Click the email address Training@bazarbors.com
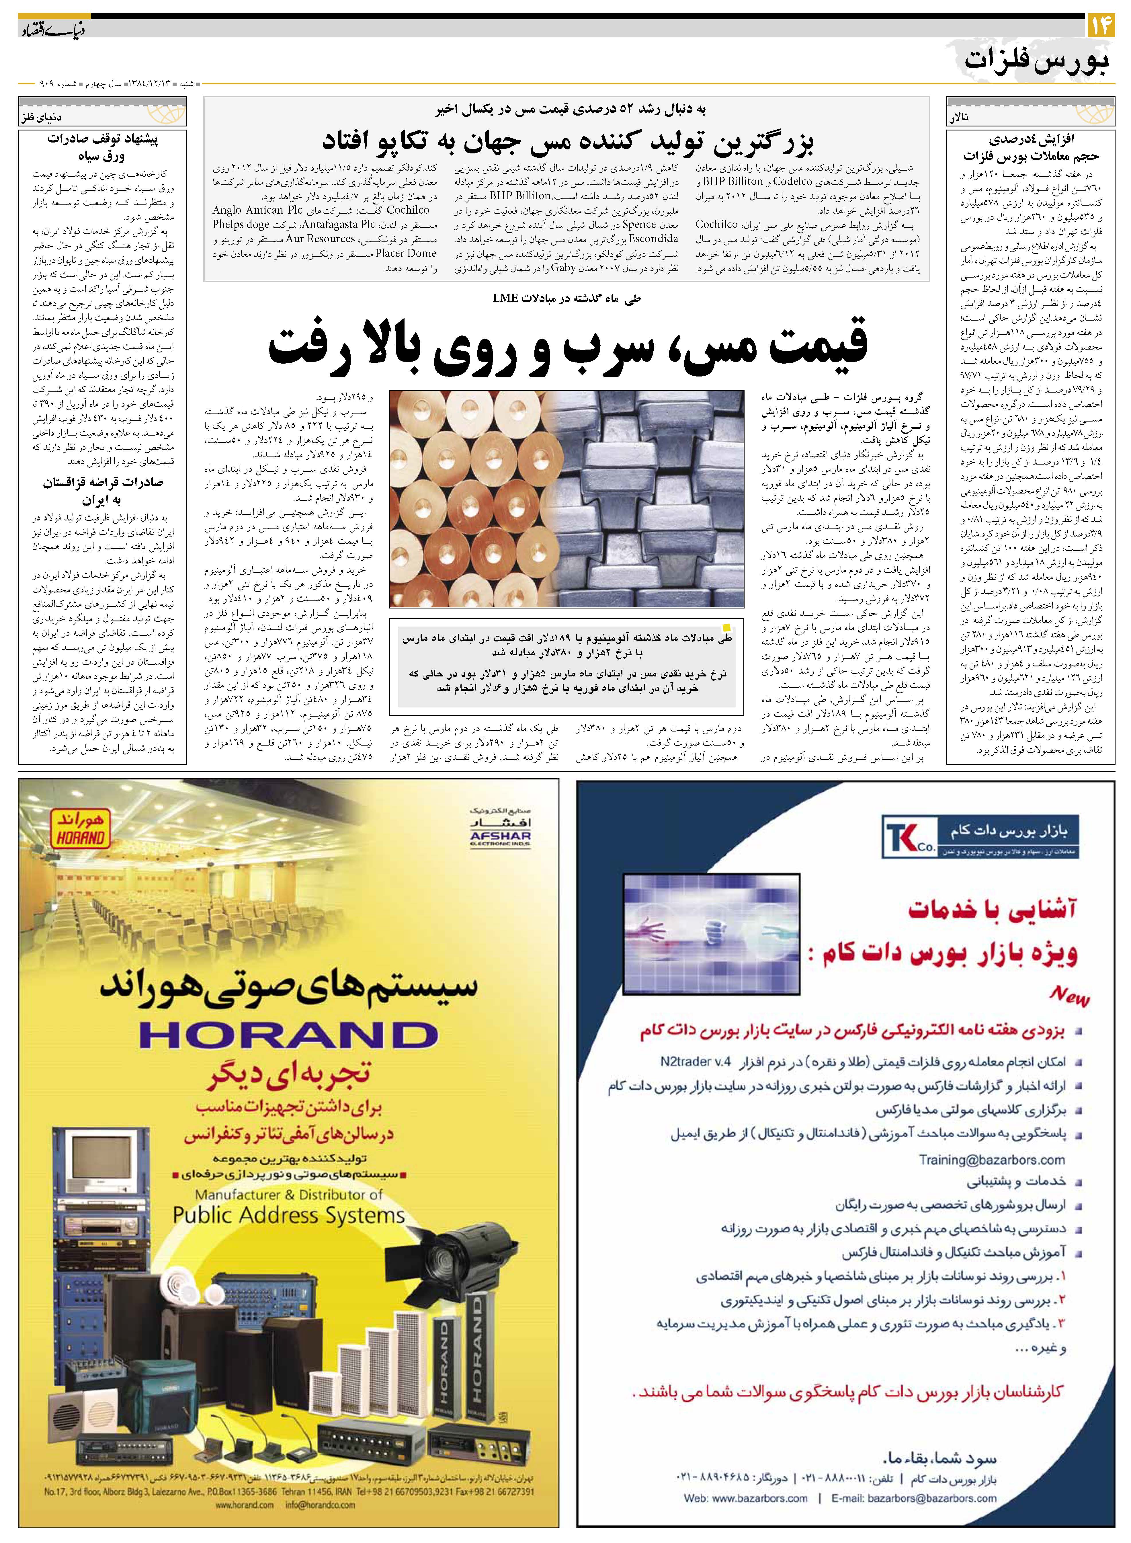point(991,1160)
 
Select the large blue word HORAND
point(288,1036)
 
